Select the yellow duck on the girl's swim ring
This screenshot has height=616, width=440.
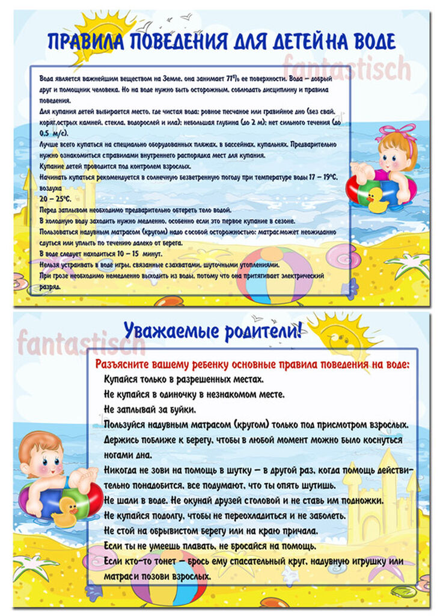click(377, 199)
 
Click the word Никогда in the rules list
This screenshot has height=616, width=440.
click(124, 470)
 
